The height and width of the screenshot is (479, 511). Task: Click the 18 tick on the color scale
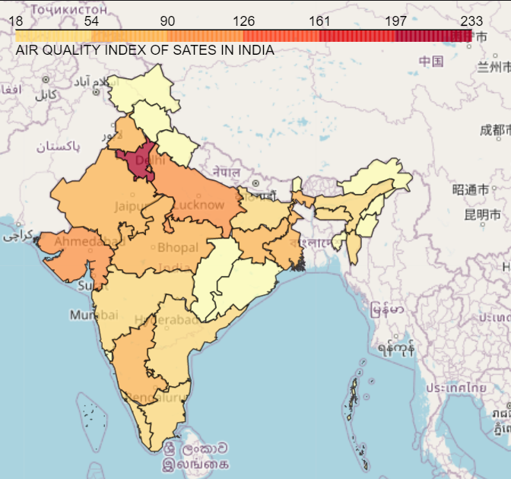[x=15, y=21]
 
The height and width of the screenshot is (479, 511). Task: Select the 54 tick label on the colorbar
[x=91, y=21]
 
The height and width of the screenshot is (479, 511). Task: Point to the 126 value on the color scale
[x=243, y=21]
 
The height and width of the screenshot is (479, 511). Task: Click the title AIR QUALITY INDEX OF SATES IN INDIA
[x=144, y=50]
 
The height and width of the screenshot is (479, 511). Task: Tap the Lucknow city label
[x=199, y=205]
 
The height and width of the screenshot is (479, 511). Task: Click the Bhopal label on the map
[x=177, y=247]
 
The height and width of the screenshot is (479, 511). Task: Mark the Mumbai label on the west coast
[x=94, y=315]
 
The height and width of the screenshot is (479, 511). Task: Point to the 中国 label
[x=431, y=62]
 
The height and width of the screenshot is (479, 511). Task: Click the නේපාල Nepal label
[x=227, y=172]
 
